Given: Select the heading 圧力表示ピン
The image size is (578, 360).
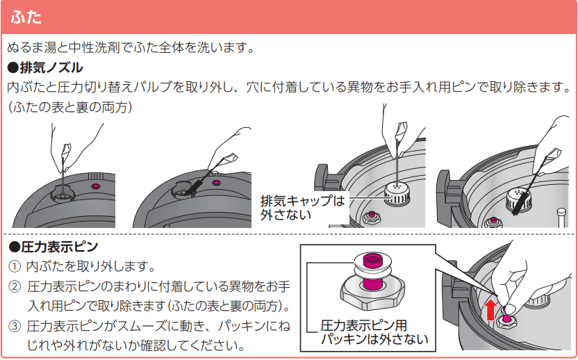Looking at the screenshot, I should click(56, 247).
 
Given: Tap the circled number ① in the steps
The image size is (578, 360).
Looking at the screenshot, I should click(14, 266).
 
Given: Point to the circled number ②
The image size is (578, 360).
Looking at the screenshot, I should click(14, 286).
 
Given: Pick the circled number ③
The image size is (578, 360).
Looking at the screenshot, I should click(14, 326).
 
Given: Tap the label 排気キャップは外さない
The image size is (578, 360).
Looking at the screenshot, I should click(302, 208).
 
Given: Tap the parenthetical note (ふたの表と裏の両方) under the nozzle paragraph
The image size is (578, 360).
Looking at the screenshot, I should click(69, 108).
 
